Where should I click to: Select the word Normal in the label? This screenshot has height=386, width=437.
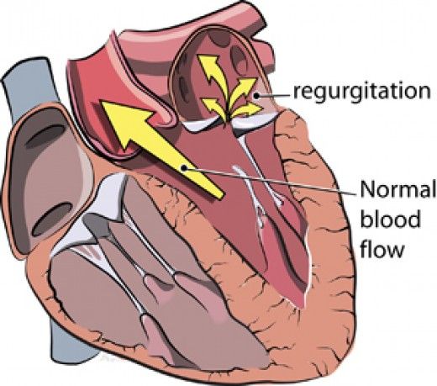398,190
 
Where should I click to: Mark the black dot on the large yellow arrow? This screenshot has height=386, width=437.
184,167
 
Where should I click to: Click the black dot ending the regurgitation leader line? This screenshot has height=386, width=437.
256,96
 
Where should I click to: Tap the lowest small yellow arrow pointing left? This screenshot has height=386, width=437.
214,108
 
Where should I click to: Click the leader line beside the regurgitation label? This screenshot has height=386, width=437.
273,96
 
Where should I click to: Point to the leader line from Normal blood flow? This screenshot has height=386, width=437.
271,181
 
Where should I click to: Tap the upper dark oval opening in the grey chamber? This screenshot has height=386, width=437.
46,136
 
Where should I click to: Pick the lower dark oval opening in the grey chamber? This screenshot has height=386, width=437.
52,218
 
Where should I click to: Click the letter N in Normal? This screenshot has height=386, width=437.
368,190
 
